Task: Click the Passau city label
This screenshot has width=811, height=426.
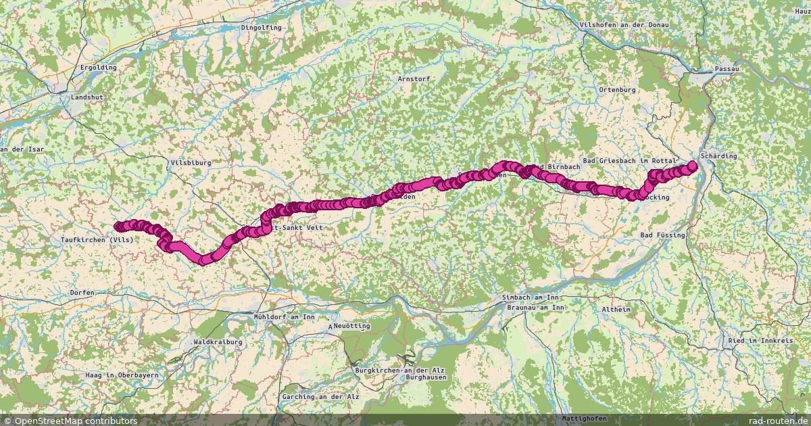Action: point(727,69)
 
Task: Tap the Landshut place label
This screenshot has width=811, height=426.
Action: point(87,97)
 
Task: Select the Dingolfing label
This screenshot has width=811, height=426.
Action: point(260,28)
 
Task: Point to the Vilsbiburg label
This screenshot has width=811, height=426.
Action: point(191,163)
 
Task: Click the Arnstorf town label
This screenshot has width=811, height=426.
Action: point(414,78)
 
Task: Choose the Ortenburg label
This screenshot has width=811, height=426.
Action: point(618,89)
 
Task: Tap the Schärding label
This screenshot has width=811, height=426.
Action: point(719,156)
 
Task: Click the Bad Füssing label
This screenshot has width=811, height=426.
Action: point(662,235)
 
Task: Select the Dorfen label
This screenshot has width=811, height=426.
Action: point(82,292)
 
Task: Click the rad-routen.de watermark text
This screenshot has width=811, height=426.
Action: point(775,421)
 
